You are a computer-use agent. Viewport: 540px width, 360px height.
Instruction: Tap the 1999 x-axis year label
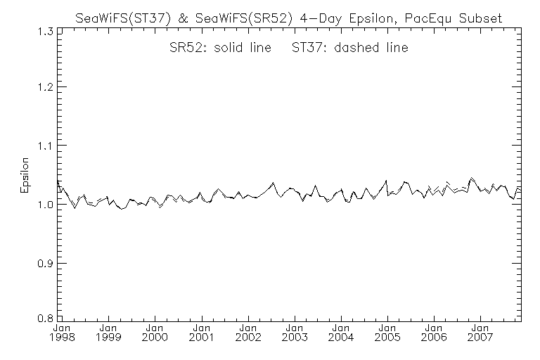pyautogui.click(x=108, y=337)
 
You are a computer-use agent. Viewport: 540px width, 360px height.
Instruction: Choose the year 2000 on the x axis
pyautogui.click(x=155, y=337)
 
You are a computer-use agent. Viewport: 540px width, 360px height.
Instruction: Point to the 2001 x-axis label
pyautogui.click(x=201, y=337)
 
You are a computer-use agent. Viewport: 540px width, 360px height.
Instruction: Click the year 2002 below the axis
pyautogui.click(x=247, y=337)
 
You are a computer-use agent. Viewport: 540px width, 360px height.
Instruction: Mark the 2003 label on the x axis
pyautogui.click(x=294, y=337)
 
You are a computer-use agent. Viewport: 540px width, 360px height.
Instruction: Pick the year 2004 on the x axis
pyautogui.click(x=340, y=337)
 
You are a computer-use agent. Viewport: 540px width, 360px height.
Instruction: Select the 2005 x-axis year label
pyautogui.click(x=387, y=337)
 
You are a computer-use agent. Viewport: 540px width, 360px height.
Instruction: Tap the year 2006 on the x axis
pyautogui.click(x=433, y=337)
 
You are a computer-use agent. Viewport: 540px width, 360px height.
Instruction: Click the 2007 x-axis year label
pyautogui.click(x=480, y=337)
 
